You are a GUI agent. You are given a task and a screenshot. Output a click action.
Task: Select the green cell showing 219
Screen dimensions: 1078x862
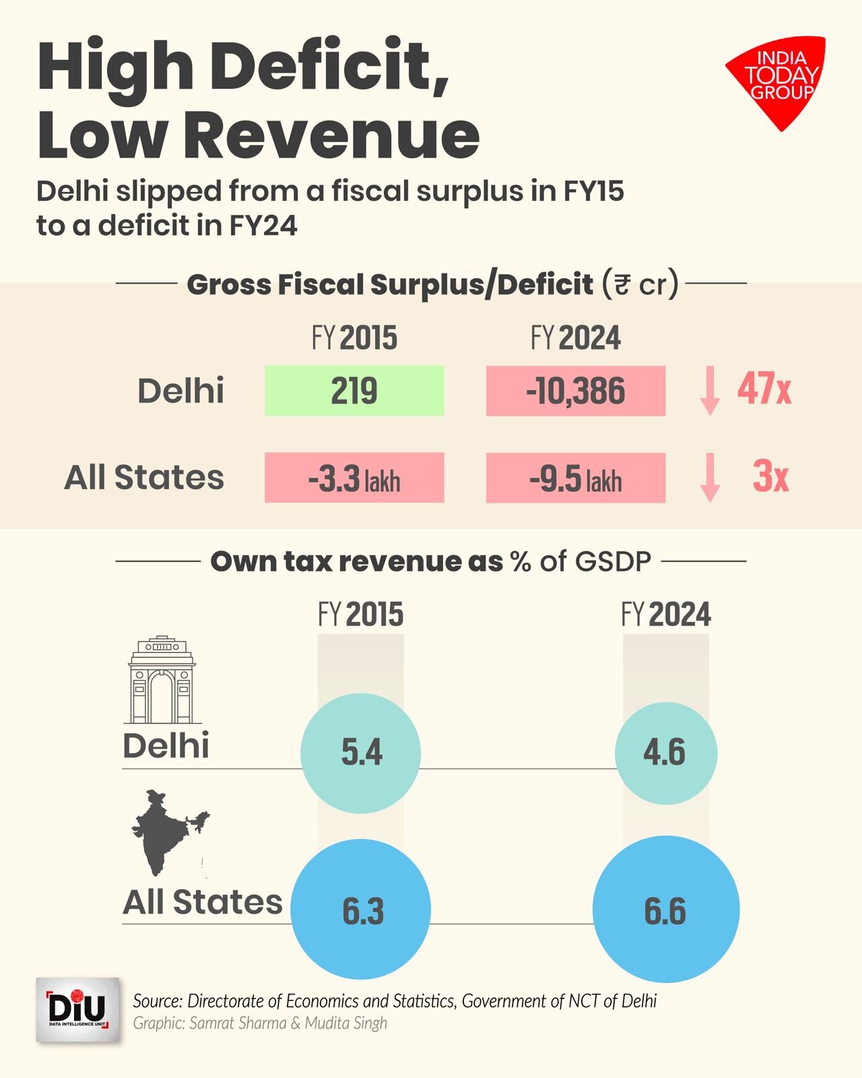pyautogui.click(x=354, y=391)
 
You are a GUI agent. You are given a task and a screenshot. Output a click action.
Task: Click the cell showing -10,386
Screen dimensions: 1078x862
pyautogui.click(x=576, y=391)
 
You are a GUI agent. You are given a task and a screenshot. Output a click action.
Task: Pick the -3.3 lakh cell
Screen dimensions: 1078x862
pyautogui.click(x=354, y=478)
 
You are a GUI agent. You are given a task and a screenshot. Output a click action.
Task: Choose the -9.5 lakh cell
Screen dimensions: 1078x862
pyautogui.click(x=576, y=478)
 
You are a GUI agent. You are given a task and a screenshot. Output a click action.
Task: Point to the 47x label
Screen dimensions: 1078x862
pyautogui.click(x=764, y=389)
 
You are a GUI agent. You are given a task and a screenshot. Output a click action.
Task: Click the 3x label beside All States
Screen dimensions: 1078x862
pyautogui.click(x=770, y=477)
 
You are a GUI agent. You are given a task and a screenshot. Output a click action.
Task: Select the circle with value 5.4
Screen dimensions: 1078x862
pyautogui.click(x=361, y=753)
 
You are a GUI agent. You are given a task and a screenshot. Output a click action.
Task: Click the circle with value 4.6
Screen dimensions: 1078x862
pyautogui.click(x=665, y=753)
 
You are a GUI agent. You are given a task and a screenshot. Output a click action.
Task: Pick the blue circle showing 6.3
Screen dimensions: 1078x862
pyautogui.click(x=362, y=910)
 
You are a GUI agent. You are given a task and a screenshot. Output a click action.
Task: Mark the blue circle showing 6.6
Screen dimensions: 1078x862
pyautogui.click(x=665, y=910)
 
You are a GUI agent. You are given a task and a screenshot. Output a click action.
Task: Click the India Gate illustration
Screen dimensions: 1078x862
pyautogui.click(x=162, y=680)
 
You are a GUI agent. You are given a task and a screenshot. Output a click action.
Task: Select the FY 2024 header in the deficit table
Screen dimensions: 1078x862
pyautogui.click(x=576, y=338)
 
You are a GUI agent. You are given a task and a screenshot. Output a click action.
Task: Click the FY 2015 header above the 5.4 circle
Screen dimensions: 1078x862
pyautogui.click(x=361, y=614)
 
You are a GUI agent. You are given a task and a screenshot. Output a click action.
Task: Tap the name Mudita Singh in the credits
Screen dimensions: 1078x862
pyautogui.click(x=346, y=1023)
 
